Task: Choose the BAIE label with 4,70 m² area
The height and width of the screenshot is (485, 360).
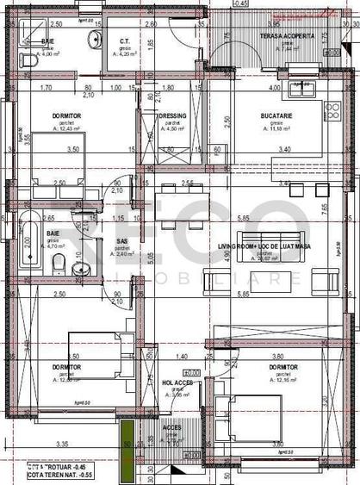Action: [53, 233]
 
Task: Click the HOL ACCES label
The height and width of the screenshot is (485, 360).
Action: [176, 382]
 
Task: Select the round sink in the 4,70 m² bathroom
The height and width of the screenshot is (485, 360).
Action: [79, 269]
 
